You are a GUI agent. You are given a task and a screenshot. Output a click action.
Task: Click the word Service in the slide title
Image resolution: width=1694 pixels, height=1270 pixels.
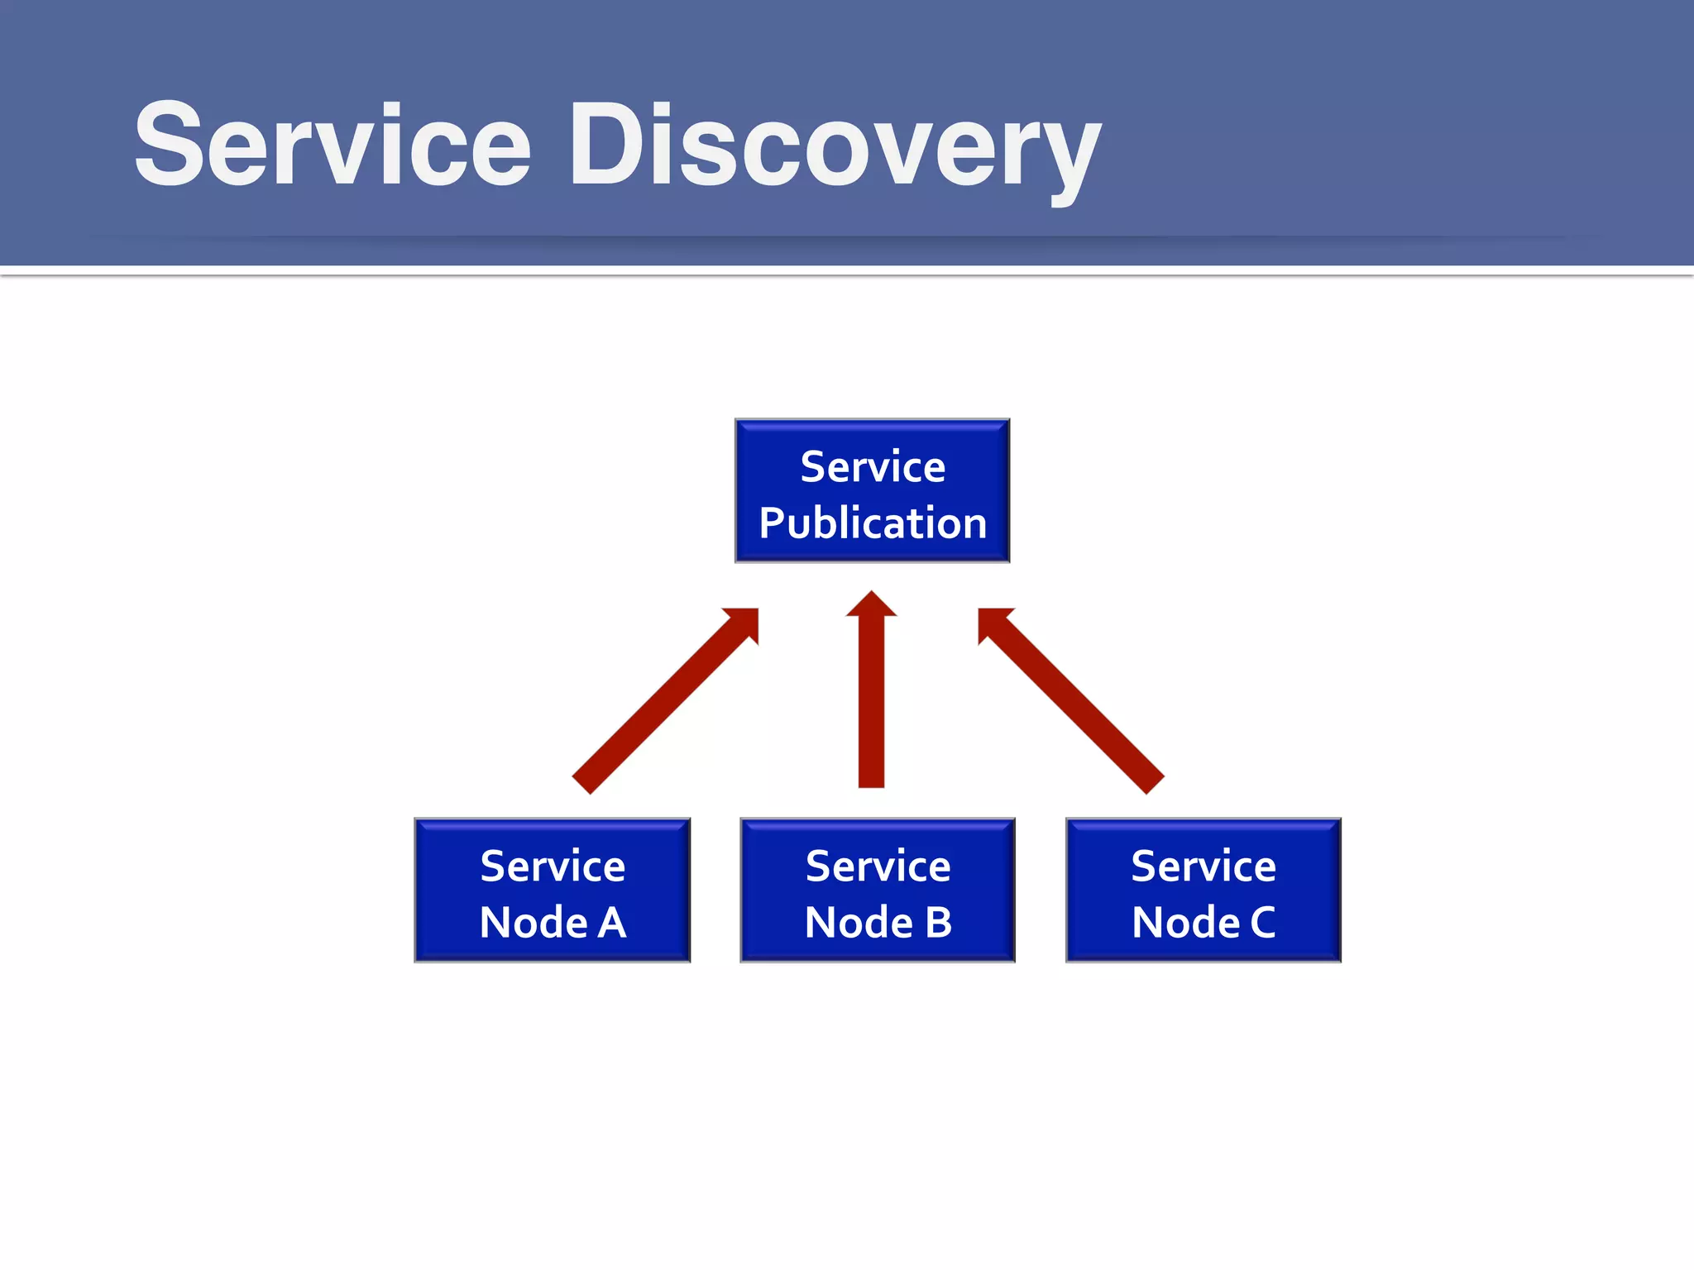331,145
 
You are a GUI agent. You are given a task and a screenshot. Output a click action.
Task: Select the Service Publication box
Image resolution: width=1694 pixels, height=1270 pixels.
872,491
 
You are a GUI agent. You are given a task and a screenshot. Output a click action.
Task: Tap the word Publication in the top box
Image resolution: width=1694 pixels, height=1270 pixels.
873,523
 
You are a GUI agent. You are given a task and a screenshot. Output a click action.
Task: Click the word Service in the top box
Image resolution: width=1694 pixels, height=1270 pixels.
873,467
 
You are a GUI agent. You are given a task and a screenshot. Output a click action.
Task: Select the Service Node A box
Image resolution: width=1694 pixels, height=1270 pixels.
552,890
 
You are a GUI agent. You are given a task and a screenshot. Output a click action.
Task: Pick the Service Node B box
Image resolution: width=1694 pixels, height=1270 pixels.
877,890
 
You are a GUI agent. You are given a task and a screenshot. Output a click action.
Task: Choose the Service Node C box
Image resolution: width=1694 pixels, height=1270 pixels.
1203,890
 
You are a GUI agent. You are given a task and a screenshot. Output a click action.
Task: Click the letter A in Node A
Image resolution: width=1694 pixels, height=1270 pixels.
612,923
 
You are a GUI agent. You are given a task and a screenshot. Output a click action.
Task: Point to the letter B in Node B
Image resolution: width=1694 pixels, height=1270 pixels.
938,923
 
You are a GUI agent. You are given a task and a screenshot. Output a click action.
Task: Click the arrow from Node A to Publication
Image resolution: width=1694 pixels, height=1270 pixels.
662,704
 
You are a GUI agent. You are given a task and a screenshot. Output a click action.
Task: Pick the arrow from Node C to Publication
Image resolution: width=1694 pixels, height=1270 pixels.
1075,704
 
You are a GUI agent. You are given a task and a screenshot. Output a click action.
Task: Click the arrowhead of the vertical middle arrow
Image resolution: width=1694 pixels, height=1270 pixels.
871,605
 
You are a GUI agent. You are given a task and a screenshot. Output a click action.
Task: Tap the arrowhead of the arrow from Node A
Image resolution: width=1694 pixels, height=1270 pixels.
744,622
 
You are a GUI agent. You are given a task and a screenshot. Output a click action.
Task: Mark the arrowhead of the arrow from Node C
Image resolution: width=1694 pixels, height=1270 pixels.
993,622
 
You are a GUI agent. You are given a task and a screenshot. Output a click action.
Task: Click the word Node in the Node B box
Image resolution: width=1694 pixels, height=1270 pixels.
858,923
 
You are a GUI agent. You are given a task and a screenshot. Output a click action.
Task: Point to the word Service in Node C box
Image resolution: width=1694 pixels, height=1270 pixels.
1203,867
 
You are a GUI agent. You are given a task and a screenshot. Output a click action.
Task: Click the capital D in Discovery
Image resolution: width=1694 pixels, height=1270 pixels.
605,145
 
